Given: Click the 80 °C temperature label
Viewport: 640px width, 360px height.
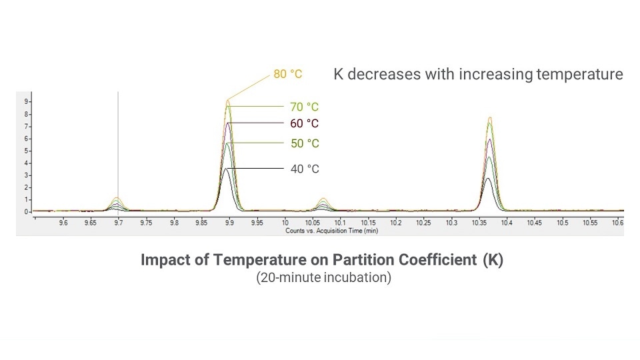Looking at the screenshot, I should [287, 74].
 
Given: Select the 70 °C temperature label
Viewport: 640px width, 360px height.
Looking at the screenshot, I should [305, 107].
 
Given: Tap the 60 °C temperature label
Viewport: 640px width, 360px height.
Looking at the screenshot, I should [305, 123].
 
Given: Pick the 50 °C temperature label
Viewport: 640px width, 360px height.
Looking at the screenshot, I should [305, 143].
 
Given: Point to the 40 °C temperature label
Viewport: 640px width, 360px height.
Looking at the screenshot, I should [305, 169].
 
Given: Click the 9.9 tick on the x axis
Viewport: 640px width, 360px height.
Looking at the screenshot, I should [229, 222].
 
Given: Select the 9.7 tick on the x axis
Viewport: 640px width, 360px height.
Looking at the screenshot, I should [119, 222].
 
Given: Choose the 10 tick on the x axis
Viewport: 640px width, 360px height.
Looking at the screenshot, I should [285, 222].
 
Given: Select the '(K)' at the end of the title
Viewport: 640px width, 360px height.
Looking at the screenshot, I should [493, 260].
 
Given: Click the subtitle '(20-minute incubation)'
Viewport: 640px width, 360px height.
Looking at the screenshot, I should [323, 277].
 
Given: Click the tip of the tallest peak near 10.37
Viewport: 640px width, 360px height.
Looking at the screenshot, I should [490, 117].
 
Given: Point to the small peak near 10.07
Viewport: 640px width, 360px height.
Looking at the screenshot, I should [323, 199].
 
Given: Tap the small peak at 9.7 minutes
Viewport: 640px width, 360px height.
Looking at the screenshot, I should [118, 198].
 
